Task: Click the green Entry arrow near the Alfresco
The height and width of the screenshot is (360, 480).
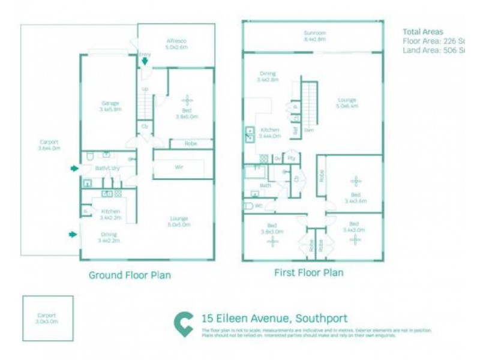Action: coord(145,61)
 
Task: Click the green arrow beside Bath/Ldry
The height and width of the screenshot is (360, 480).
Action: coord(74,169)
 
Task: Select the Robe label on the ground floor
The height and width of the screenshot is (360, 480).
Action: coord(190,144)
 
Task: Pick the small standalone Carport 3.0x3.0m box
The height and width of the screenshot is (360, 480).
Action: coord(47,318)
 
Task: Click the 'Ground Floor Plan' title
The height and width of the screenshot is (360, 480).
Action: coord(130,275)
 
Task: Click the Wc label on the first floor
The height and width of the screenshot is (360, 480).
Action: coord(258,206)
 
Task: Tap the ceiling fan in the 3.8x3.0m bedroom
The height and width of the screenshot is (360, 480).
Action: coord(274,242)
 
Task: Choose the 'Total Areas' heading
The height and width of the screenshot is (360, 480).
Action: coord(424,31)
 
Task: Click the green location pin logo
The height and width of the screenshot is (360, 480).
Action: coord(183,323)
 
